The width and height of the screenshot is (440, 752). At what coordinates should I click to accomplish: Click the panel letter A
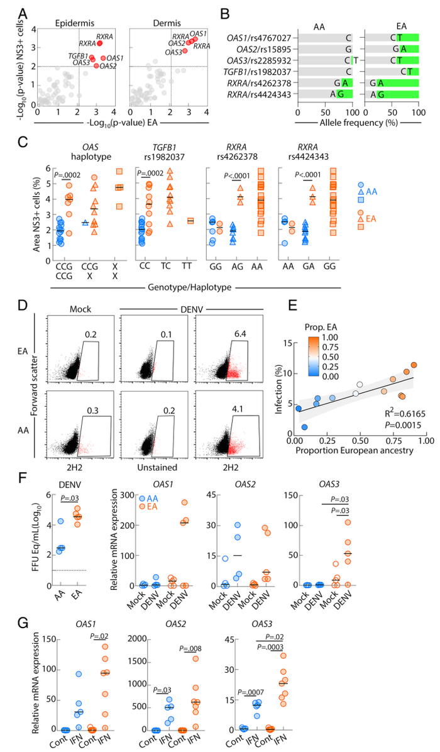pyautogui.click(x=23, y=12)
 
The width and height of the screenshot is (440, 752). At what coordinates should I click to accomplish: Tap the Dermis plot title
pyautogui.click(x=148, y=20)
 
